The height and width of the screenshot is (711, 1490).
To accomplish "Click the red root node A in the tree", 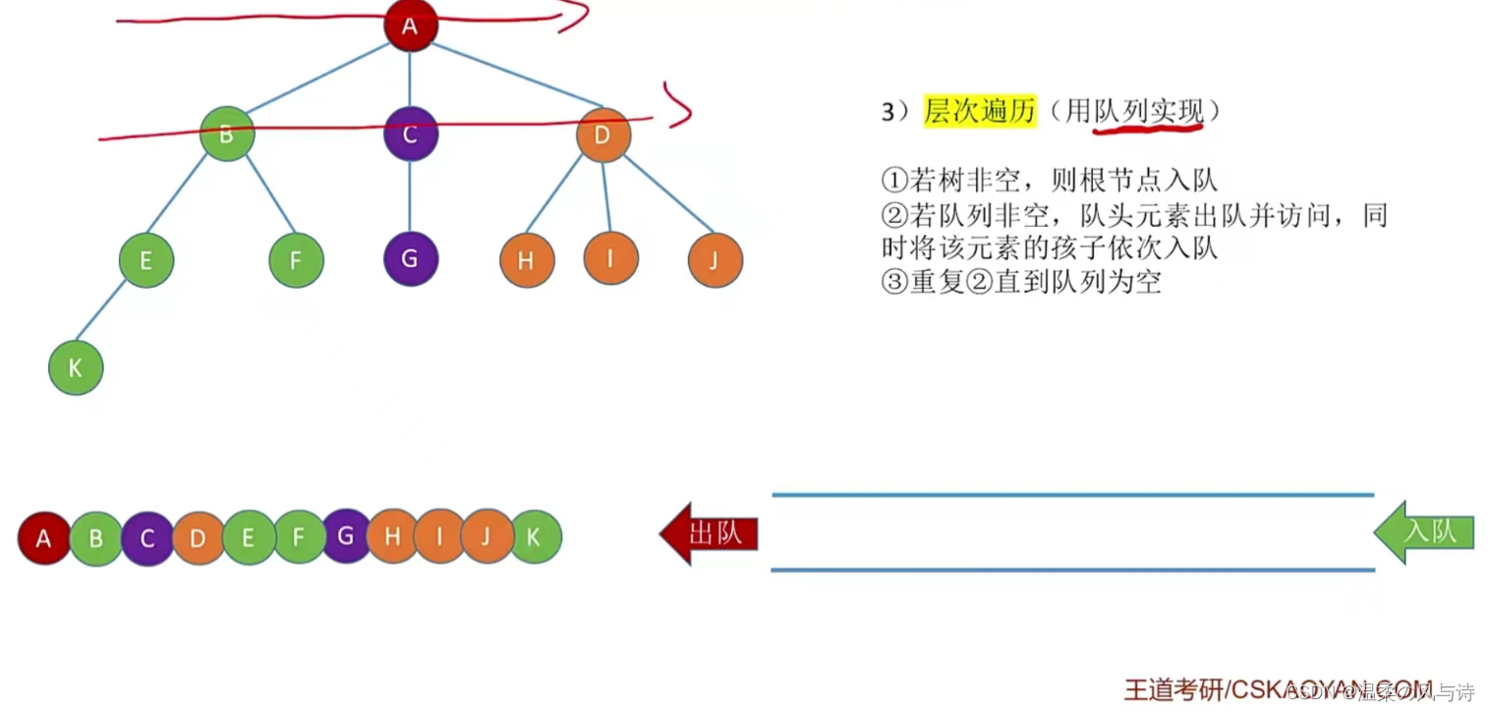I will coord(410,26).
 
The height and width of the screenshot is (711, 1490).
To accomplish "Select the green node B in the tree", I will coord(227,134).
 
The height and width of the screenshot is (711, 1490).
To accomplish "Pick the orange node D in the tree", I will coord(602,135).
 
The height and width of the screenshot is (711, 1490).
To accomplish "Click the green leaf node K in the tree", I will coord(76,367).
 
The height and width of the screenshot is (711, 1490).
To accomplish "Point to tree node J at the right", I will coord(716,260).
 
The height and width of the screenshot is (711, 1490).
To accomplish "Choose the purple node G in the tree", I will coord(410,259).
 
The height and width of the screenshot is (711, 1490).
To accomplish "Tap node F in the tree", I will coord(296,260).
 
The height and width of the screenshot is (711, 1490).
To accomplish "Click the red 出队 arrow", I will coord(710,533).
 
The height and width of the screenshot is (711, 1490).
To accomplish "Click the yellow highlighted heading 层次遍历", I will coord(979,112).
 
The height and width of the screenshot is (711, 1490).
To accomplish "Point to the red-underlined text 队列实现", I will coord(1149,112).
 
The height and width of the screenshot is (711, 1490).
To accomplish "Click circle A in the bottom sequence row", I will coord(44,538).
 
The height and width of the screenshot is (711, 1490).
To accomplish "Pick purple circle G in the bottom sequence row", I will coord(345,536).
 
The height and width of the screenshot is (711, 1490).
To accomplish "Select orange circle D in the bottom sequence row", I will coord(198,538).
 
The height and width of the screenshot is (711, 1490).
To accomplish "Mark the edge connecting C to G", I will coord(410,196).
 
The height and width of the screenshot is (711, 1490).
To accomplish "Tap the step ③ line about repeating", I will coord(1021,282).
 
